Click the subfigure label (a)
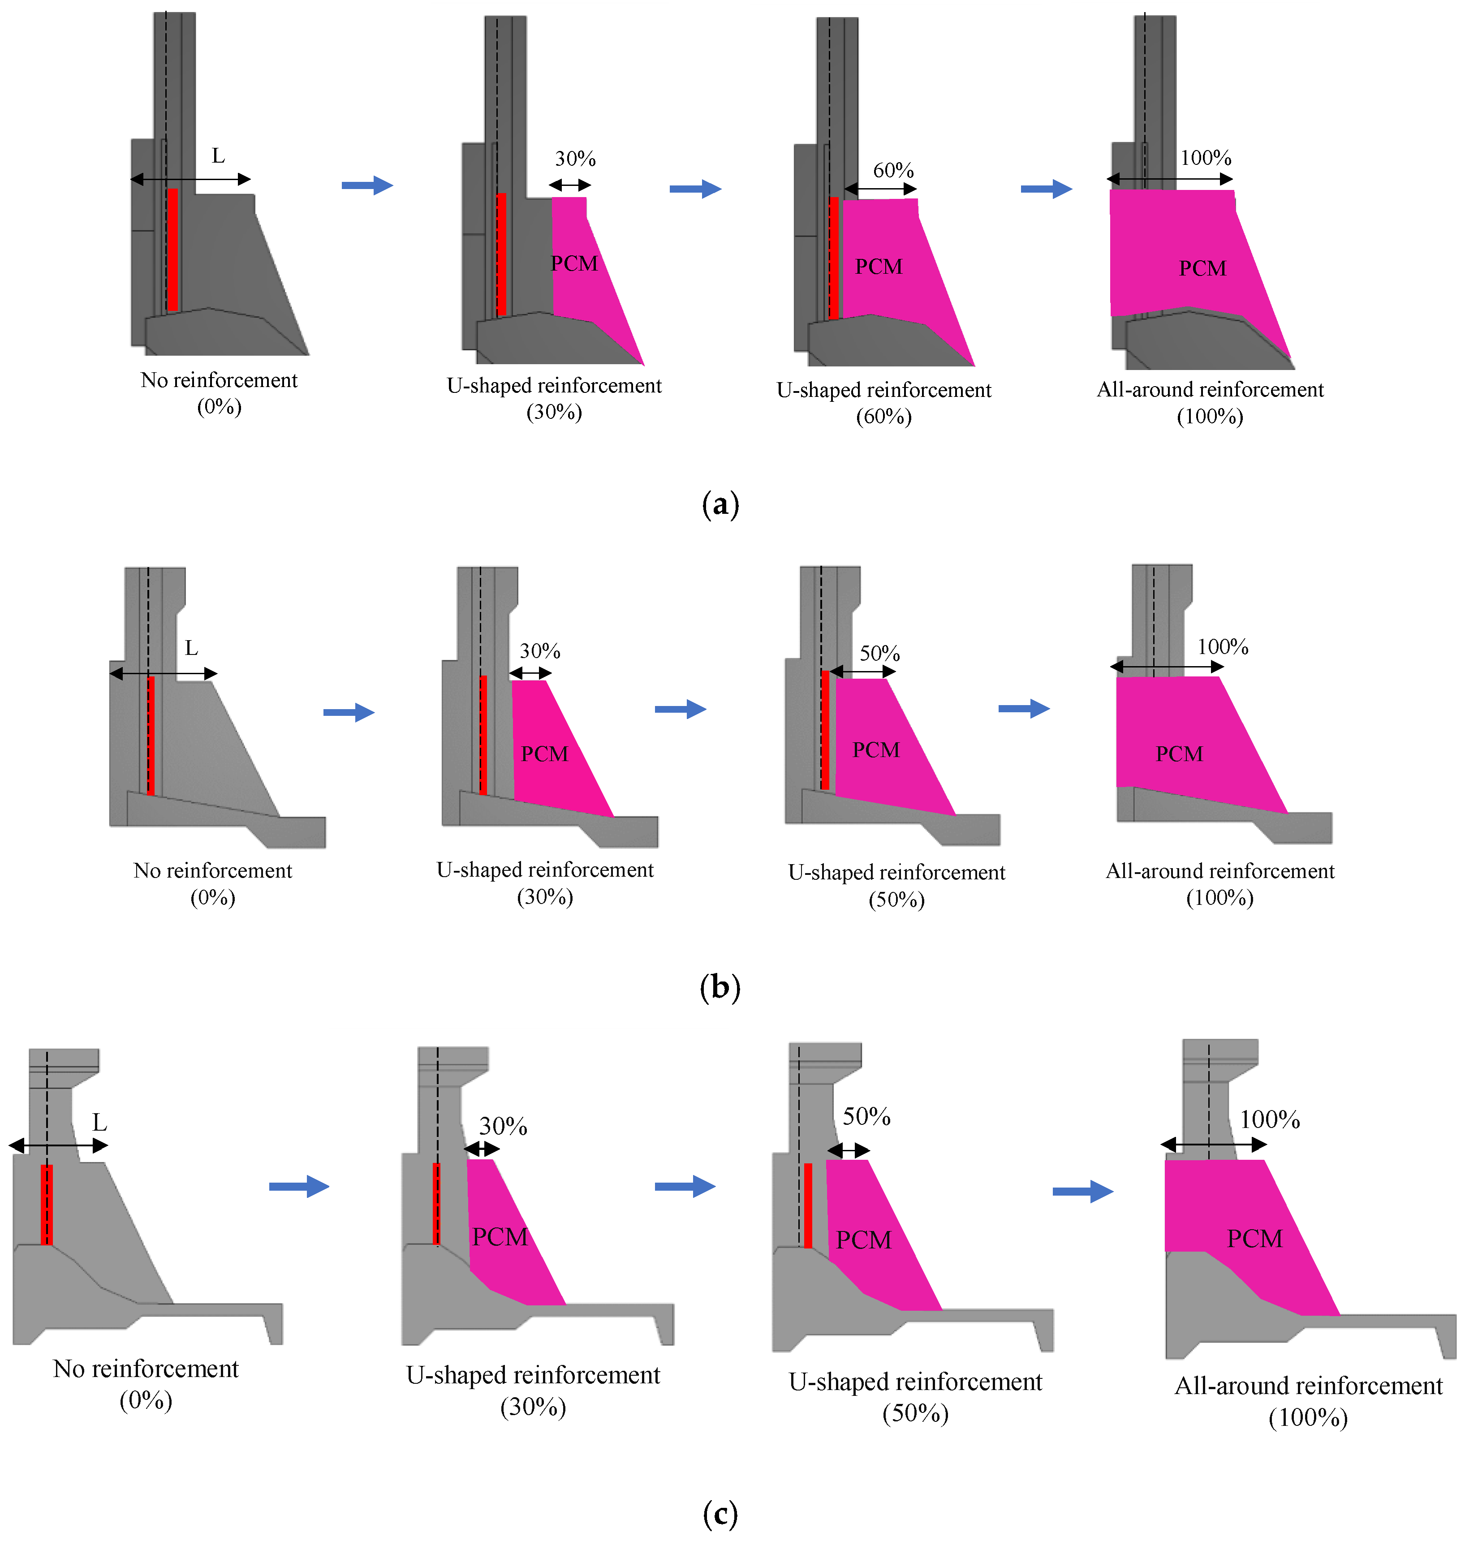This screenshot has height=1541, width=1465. (720, 505)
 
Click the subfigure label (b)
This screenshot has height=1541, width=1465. (720, 987)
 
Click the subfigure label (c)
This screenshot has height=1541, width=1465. (720, 1515)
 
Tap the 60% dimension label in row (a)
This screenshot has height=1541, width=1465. (893, 170)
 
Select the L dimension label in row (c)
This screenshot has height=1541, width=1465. (99, 1123)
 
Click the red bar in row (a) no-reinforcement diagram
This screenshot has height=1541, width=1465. (172, 250)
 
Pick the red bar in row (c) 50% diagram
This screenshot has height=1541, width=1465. (808, 1205)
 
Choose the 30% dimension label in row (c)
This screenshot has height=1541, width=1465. (503, 1127)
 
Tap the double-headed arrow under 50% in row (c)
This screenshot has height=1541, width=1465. (848, 1151)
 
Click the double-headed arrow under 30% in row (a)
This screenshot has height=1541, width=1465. (569, 185)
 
